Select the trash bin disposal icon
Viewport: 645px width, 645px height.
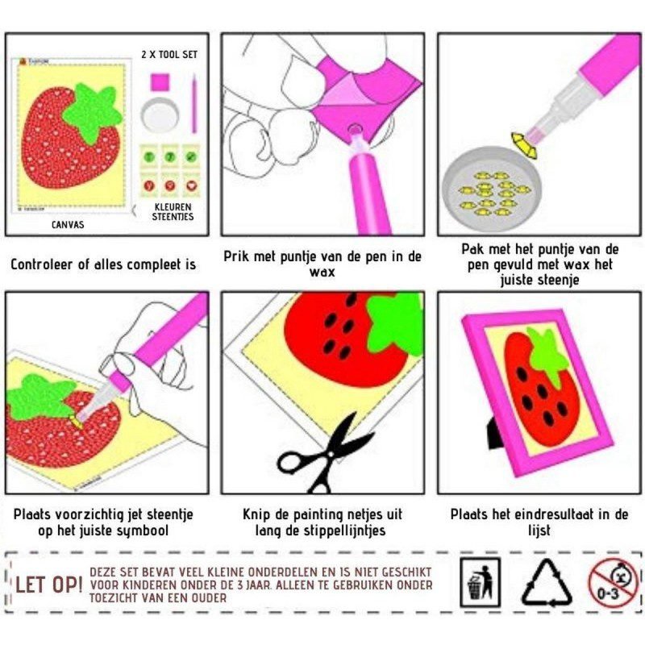[x=480, y=582]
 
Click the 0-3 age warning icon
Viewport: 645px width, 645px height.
[x=613, y=583]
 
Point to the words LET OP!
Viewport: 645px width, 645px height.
[x=48, y=585]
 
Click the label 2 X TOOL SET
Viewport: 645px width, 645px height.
[x=169, y=54]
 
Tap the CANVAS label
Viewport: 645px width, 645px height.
[x=68, y=225]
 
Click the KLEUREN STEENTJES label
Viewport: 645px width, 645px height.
[x=173, y=211]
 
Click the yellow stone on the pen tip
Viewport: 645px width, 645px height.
[x=525, y=145]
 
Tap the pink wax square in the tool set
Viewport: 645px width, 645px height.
[x=160, y=82]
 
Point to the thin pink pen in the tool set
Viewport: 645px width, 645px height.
[x=193, y=103]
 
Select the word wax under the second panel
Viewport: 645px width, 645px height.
[x=322, y=272]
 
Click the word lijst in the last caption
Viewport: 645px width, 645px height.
[x=539, y=531]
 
